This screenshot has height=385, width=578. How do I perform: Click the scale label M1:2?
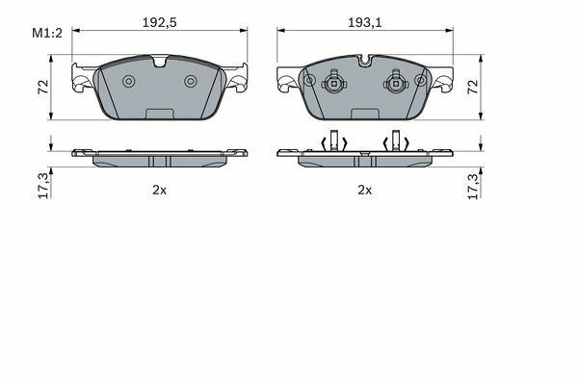click(x=47, y=33)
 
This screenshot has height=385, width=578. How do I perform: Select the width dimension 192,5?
click(x=160, y=23)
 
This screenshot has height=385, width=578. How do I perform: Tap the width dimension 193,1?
click(x=365, y=23)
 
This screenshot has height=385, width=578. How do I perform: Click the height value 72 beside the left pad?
click(x=43, y=87)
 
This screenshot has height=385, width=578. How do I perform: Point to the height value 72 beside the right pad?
click(x=473, y=87)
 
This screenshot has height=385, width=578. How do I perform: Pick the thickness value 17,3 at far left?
click(x=43, y=186)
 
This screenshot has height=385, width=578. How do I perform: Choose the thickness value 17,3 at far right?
click(x=473, y=186)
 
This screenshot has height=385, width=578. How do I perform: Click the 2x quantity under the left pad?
click(x=160, y=191)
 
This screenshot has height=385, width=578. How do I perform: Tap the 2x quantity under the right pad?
click(x=365, y=191)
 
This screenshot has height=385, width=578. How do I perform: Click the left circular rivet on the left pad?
click(x=129, y=81)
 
